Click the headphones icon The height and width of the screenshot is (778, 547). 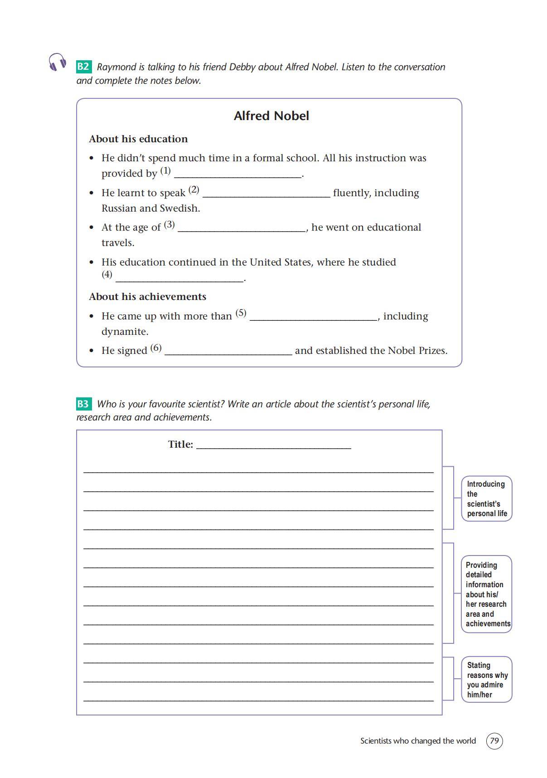point(57,62)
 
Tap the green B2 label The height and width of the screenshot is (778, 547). point(83,67)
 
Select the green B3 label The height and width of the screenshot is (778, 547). point(83,404)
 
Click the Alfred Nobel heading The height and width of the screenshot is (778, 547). point(271,116)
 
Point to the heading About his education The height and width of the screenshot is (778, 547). point(138,139)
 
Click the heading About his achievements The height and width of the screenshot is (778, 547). point(147,297)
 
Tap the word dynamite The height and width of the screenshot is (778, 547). point(125,332)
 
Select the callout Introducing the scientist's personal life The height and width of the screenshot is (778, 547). point(486,498)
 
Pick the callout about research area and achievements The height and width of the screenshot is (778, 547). point(487,594)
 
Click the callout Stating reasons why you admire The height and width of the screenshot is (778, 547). point(487,679)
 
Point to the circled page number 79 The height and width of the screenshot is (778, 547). point(494,741)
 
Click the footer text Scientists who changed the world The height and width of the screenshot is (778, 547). point(418,741)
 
